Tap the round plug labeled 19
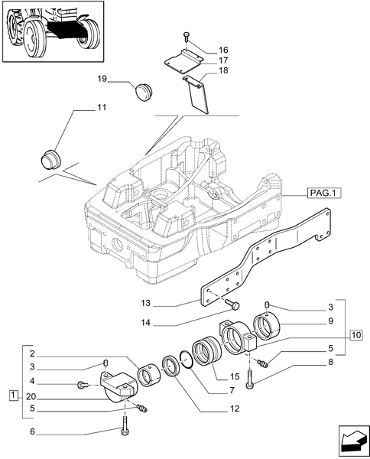[x=143, y=91]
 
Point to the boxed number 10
[x=355, y=334]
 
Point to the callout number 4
[x=31, y=380]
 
